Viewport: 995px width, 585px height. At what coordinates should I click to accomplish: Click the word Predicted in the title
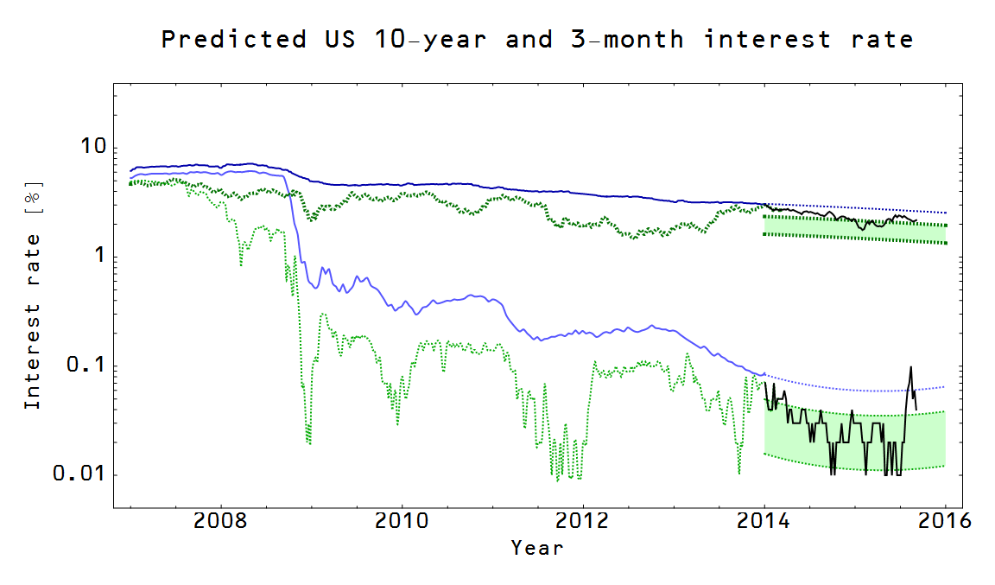[234, 40]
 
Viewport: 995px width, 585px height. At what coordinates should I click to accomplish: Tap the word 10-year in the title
[430, 40]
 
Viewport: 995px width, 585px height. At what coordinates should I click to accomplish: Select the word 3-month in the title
[627, 40]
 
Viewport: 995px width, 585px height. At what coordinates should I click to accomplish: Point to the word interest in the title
[767, 40]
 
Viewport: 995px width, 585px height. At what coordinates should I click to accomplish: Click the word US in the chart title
[340, 40]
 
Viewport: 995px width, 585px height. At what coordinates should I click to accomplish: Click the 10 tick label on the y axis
[93, 146]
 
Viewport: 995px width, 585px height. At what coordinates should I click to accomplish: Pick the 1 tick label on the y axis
[99, 255]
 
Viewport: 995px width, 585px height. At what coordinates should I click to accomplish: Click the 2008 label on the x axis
[220, 521]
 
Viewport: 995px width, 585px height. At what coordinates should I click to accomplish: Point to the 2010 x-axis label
[402, 521]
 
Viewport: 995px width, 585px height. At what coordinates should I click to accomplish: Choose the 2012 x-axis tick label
[582, 521]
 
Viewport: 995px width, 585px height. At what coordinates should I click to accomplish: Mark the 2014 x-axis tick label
[764, 521]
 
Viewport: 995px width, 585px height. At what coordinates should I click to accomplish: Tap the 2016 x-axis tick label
[945, 521]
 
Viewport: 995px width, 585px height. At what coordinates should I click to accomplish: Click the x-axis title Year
[537, 548]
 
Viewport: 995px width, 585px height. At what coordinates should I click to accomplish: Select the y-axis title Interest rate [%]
[32, 296]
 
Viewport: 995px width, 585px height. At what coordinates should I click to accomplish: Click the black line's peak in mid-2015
[910, 367]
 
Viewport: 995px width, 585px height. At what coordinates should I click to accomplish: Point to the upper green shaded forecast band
[855, 229]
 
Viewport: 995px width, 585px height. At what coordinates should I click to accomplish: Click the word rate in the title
[882, 40]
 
